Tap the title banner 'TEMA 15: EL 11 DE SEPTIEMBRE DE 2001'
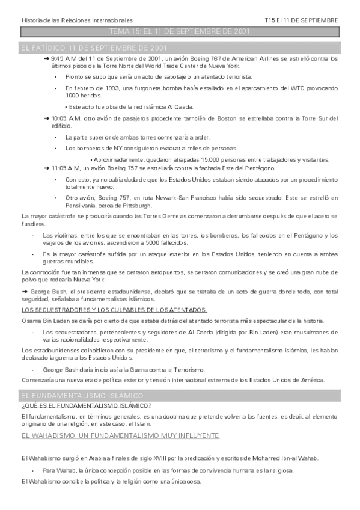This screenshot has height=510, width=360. click(180, 31)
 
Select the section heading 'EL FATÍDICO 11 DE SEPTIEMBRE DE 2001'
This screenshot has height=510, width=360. click(94, 47)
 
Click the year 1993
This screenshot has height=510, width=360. click(112, 88)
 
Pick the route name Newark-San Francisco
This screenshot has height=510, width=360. click(186, 197)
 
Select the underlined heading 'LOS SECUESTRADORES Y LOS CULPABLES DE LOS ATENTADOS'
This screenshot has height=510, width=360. click(114, 310)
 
